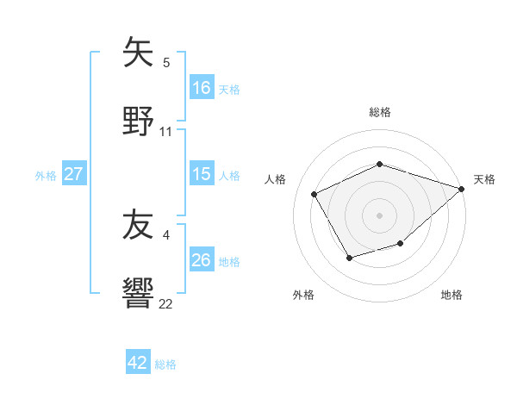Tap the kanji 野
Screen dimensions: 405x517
pyautogui.click(x=138, y=120)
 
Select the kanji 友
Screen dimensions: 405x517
pyautogui.click(x=138, y=226)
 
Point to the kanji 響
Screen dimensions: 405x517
pyautogui.click(x=138, y=292)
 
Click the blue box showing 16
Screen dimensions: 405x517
pyautogui.click(x=202, y=87)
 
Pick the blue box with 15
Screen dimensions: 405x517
pyautogui.click(x=202, y=174)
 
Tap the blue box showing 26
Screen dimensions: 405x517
pyautogui.click(x=202, y=259)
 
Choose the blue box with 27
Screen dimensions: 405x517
pyautogui.click(x=74, y=174)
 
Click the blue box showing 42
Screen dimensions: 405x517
pyautogui.click(x=138, y=363)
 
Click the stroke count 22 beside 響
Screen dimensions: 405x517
pyautogui.click(x=166, y=303)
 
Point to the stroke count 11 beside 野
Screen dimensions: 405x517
pyautogui.click(x=166, y=132)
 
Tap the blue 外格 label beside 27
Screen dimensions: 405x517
pyautogui.click(x=46, y=175)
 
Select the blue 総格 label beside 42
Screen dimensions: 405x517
pyautogui.click(x=165, y=364)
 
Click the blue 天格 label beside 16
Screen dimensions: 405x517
pyautogui.click(x=228, y=88)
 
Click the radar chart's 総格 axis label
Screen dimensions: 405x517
pyautogui.click(x=380, y=112)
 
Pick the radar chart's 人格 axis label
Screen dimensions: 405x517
pyautogui.click(x=276, y=179)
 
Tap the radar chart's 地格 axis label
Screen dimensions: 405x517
pyautogui.click(x=452, y=295)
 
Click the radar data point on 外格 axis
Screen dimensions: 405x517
pyautogui.click(x=349, y=258)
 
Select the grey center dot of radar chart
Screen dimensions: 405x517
pyautogui.click(x=380, y=215)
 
